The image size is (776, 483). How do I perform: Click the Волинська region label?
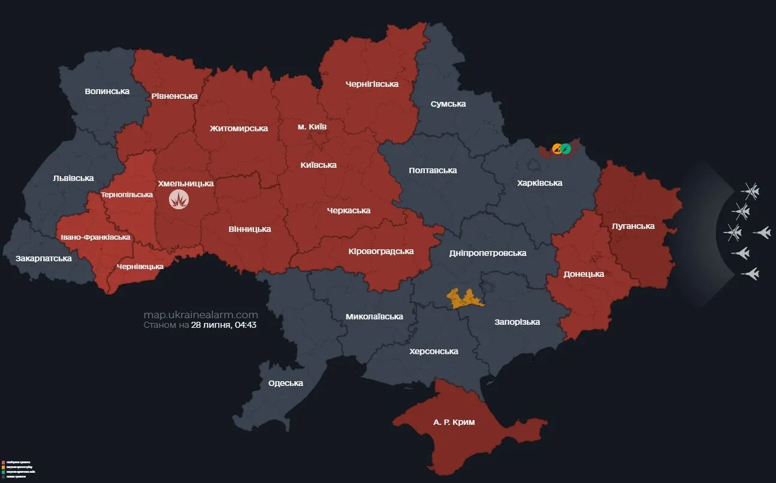click(107, 91)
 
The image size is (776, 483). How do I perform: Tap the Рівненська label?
click(174, 96)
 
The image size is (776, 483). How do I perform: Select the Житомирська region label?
click(238, 128)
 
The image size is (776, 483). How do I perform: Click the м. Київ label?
click(312, 127)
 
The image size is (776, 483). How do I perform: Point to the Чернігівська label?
click(372, 84)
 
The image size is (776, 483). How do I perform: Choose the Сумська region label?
click(448, 104)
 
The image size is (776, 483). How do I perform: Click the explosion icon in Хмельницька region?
click(178, 200)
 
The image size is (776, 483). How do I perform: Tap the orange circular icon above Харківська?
click(557, 149)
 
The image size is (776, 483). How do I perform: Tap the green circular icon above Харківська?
click(566, 149)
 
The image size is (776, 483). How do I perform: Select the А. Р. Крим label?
click(454, 422)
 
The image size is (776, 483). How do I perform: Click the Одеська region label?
click(285, 383)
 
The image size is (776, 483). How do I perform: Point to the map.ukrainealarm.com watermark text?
click(201, 315)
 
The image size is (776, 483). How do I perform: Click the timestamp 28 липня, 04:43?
click(224, 325)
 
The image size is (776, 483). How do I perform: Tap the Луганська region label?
click(633, 226)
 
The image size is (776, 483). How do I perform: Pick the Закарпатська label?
click(44, 258)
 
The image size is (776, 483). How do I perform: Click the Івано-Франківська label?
click(95, 237)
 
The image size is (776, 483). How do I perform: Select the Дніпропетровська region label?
click(488, 253)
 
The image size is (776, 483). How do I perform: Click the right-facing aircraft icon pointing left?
click(762, 233)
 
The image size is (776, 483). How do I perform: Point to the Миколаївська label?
click(374, 316)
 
